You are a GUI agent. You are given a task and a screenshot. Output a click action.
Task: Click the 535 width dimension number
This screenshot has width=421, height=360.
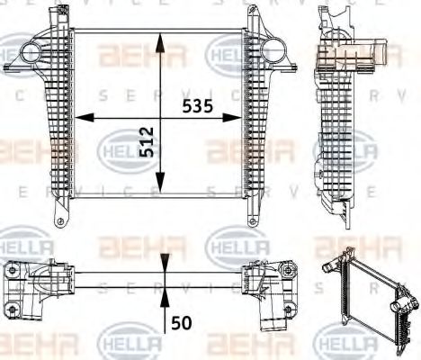click(197, 106)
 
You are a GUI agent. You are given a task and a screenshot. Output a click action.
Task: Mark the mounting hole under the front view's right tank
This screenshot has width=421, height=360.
click(255, 222)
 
